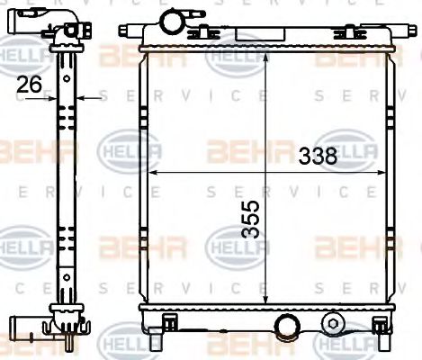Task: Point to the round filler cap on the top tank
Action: (x=170, y=20)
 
